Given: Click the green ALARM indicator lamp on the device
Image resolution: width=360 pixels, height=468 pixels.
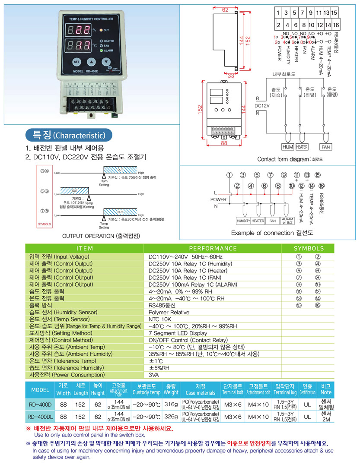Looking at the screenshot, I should [x=101, y=51].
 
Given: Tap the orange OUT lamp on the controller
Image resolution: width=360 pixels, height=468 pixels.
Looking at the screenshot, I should [x=100, y=30].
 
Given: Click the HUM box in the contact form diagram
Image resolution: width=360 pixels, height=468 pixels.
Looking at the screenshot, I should [x=287, y=147].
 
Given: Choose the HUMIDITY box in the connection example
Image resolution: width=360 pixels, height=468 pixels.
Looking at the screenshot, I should [x=243, y=221].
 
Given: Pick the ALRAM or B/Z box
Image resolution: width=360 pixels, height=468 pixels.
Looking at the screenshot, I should [x=287, y=221].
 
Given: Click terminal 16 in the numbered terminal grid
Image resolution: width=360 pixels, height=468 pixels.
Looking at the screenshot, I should [x=335, y=25].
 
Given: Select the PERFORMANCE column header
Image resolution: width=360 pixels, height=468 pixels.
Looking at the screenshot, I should [x=213, y=248].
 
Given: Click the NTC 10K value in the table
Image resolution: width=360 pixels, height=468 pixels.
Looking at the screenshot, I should [x=161, y=319].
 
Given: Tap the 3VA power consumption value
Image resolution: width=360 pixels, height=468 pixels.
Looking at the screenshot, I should [x=155, y=375].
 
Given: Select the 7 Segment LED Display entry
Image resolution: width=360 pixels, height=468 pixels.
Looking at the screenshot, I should [x=178, y=333].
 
